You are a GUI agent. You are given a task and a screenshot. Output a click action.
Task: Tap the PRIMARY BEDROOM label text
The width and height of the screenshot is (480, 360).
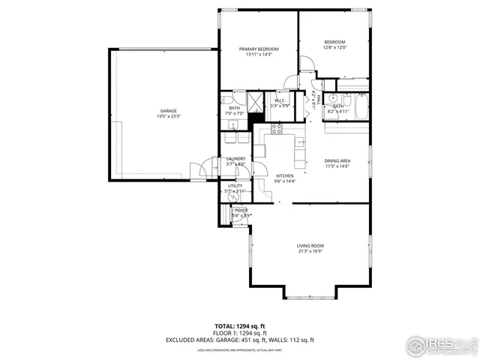click(259, 49)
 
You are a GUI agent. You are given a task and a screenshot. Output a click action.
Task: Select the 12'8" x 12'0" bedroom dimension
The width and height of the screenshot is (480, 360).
click(334, 47)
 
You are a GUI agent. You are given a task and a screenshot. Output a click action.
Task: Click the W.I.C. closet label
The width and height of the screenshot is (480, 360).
click(280, 100)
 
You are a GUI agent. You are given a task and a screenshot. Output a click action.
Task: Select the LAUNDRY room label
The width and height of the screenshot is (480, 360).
click(235, 158)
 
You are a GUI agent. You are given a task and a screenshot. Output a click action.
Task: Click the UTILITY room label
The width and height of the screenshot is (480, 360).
click(235, 186)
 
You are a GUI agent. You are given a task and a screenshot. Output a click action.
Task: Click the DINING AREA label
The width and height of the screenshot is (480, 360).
click(337, 160)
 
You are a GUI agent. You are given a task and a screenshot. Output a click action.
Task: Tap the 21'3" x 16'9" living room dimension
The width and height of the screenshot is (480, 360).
click(310, 251)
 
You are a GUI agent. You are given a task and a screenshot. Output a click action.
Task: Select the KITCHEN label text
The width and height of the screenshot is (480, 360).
click(284, 175)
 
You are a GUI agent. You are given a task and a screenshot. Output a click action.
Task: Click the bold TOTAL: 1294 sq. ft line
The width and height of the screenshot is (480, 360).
click(240, 326)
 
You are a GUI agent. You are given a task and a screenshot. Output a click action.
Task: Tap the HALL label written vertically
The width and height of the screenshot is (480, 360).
click(318, 99)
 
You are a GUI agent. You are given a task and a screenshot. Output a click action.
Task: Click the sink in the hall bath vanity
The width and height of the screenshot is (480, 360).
click(333, 98)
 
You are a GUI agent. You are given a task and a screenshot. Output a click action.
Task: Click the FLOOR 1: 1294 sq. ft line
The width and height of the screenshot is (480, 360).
click(240, 333)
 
